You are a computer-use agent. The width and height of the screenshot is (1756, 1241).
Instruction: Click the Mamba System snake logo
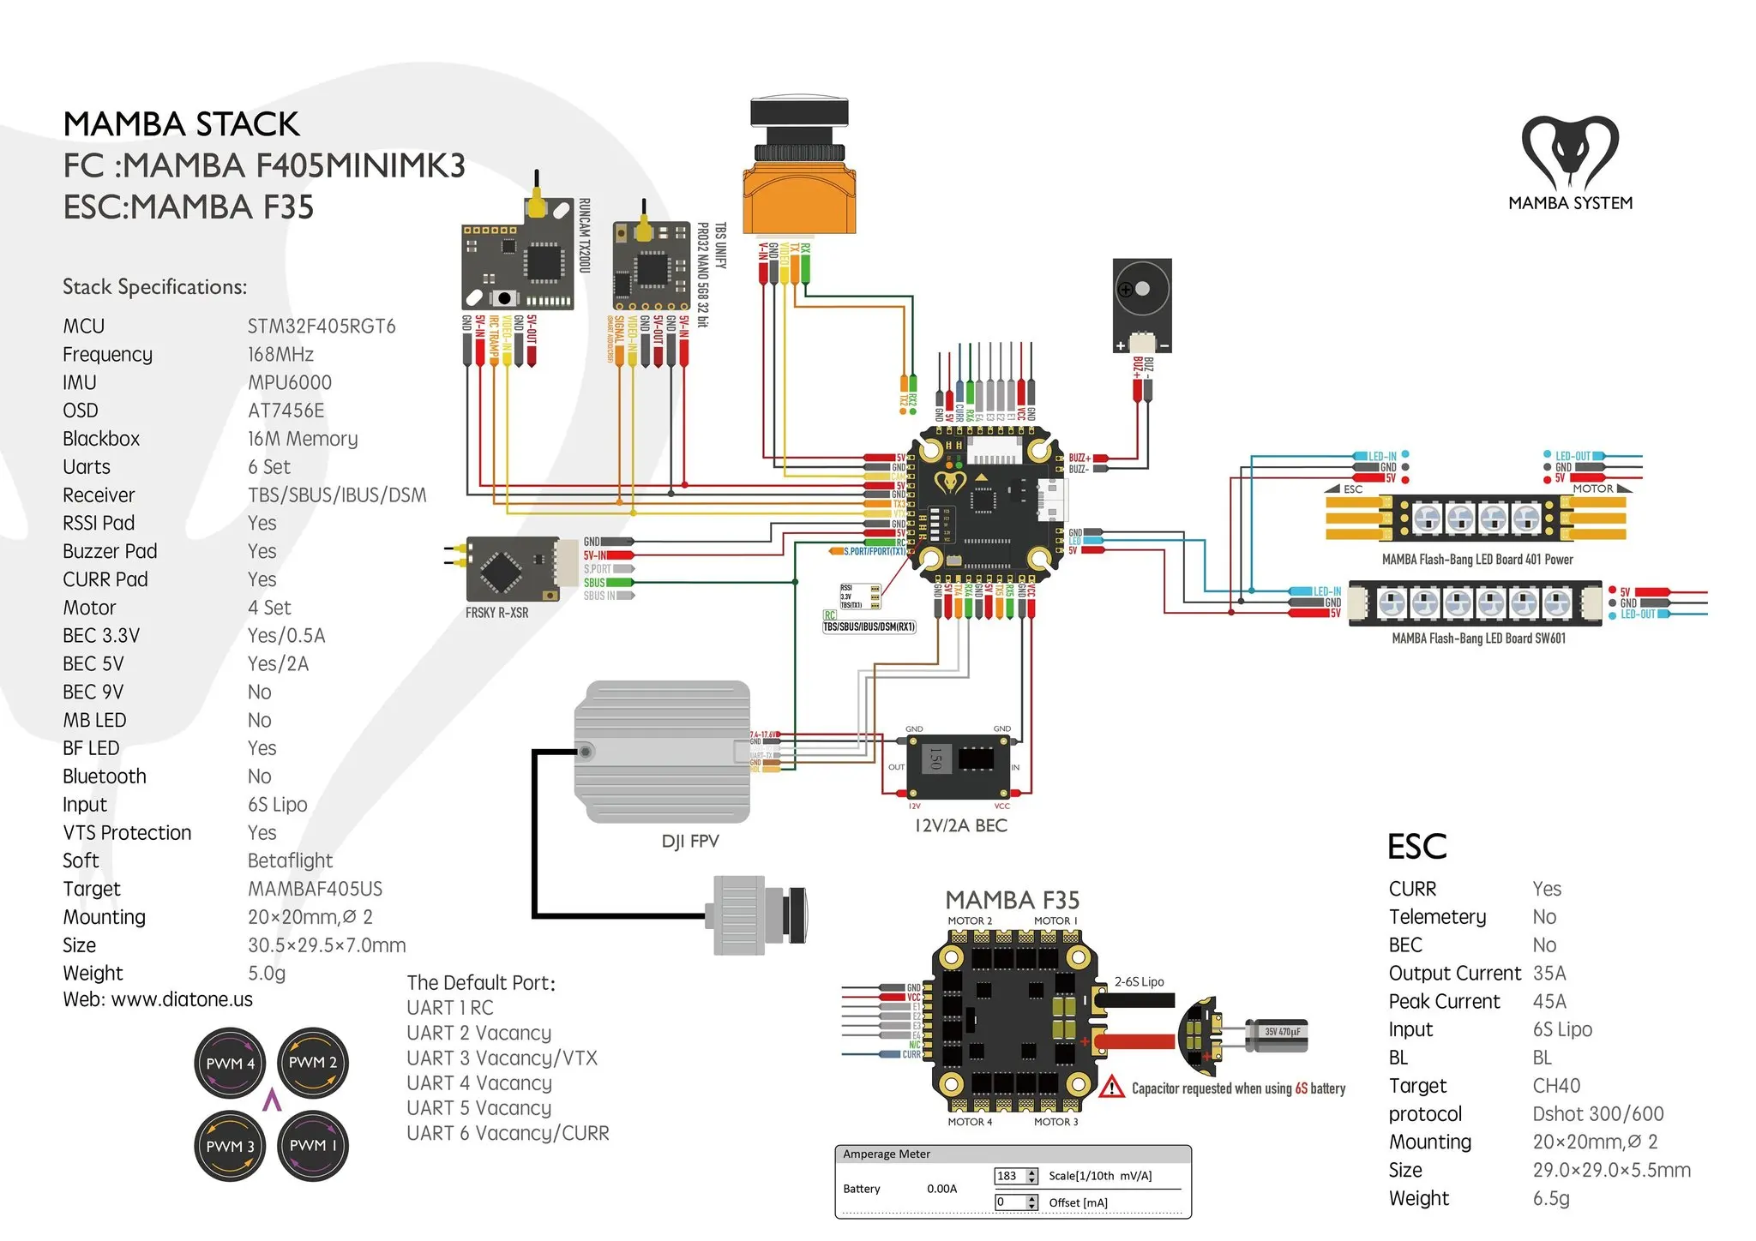tap(1570, 153)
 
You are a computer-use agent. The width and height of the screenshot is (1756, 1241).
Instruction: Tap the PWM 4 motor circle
tap(230, 1064)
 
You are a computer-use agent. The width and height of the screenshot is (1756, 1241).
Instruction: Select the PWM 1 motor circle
tap(313, 1146)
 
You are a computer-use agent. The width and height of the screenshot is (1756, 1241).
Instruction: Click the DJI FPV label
tap(690, 842)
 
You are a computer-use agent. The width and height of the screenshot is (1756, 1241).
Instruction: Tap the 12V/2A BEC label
tap(960, 825)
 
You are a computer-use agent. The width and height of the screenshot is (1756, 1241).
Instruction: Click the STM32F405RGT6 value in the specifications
tap(322, 327)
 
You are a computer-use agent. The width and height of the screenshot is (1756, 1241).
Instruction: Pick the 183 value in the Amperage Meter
tap(1008, 1176)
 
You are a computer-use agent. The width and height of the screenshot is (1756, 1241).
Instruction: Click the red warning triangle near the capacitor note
tap(1111, 1088)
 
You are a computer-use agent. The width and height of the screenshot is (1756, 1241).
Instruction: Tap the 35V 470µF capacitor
tap(1278, 1033)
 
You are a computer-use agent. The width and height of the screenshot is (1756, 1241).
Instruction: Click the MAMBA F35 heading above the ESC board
tap(1012, 900)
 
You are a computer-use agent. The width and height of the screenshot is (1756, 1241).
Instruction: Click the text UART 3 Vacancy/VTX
tap(502, 1058)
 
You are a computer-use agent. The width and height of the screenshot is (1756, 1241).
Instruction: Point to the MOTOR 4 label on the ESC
tap(970, 1122)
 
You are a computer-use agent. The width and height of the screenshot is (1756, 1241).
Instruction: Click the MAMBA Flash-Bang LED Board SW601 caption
tap(1478, 638)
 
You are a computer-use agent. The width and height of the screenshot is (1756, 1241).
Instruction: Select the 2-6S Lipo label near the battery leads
tap(1139, 982)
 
